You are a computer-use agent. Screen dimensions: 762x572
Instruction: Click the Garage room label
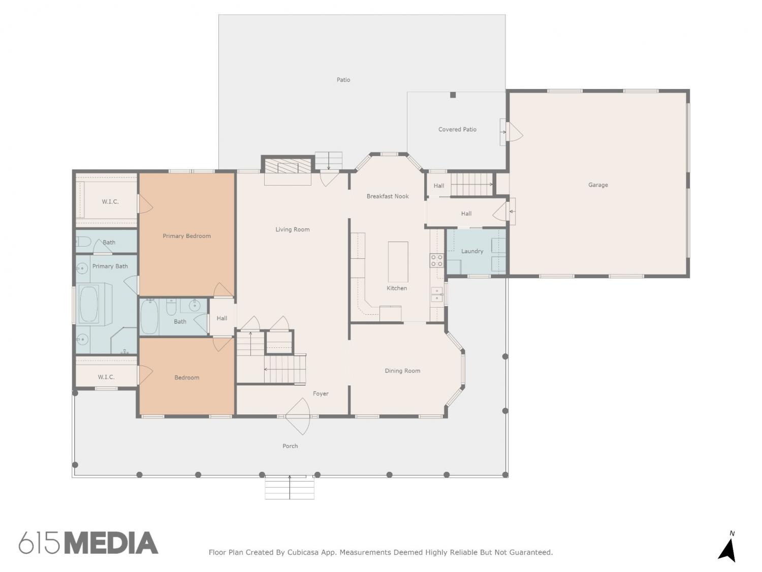[x=598, y=185]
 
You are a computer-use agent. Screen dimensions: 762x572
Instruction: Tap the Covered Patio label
[x=457, y=129]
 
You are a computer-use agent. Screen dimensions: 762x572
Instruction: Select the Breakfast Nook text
[x=388, y=196]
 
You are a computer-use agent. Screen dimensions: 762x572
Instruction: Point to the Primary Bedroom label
[x=187, y=236]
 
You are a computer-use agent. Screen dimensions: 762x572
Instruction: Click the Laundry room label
[x=472, y=251]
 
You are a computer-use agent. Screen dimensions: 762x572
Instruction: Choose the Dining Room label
[x=402, y=371]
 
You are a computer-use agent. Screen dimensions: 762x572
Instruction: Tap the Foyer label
[x=321, y=394]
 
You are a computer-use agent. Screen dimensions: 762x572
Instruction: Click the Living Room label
[x=292, y=229]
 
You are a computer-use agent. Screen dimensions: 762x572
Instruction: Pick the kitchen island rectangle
[x=398, y=262]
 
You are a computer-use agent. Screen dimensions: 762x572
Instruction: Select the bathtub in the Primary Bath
[x=88, y=304]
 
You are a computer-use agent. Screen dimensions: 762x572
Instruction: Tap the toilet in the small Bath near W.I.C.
[x=83, y=241]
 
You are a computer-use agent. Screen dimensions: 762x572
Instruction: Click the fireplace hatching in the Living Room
[x=288, y=166]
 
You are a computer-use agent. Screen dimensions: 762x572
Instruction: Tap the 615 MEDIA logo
[x=88, y=543]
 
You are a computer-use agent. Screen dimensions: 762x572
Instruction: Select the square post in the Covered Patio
[x=453, y=95]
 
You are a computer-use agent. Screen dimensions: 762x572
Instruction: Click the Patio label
[x=343, y=80]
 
